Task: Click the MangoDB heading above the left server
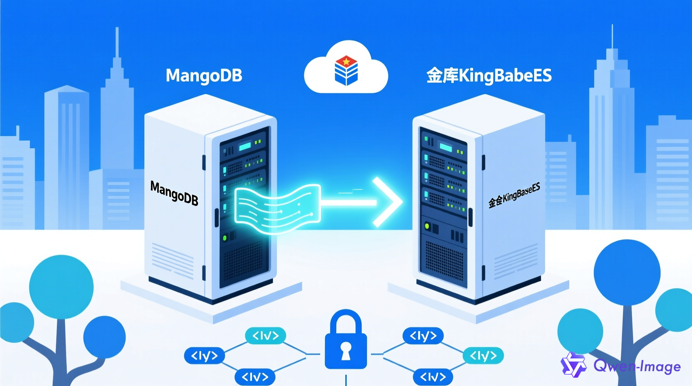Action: (204, 76)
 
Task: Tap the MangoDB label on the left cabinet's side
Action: (174, 193)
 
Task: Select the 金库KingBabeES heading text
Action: (489, 76)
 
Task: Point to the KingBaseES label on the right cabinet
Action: (514, 195)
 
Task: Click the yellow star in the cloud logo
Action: (346, 62)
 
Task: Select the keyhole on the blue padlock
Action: (346, 351)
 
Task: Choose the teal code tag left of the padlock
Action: (265, 336)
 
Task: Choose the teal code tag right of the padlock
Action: (483, 356)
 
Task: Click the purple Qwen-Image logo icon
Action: (573, 365)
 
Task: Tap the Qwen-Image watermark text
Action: (637, 366)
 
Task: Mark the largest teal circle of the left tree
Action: (61, 287)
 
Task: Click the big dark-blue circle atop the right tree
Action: (627, 272)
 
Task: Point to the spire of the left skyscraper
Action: (117, 42)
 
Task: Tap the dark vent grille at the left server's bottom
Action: (243, 262)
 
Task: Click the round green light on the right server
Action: (427, 226)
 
